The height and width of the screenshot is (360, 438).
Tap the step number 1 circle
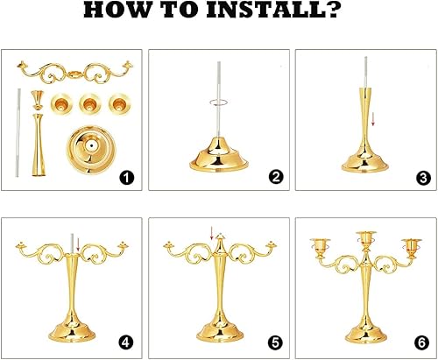pos(127,178)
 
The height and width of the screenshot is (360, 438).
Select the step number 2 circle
pos(276,177)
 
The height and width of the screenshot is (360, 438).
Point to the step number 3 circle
pos(423,178)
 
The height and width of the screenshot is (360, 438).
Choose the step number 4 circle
pos(125,342)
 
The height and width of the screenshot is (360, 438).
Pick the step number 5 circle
pos(275,343)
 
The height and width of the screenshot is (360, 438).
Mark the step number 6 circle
pos(422,342)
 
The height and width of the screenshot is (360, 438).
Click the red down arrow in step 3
pos(372,119)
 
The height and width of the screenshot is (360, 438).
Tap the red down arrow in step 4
pos(78,244)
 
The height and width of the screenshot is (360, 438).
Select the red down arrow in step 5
pos(212,233)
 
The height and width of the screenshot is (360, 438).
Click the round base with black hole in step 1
pos(91,149)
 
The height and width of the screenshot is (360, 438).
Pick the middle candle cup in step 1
pos(90,103)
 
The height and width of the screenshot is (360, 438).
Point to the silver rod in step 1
pos(18,132)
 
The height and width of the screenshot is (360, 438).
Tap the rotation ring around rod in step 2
pos(219,102)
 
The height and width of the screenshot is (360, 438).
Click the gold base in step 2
pos(219,155)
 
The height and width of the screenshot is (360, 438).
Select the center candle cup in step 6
pos(365,238)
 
